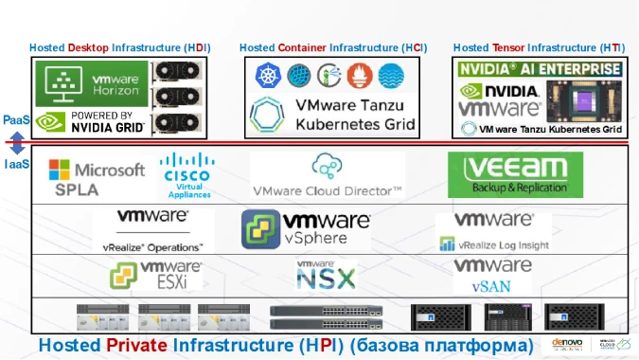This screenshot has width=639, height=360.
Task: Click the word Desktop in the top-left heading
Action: coord(90,47)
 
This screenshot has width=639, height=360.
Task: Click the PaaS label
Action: coord(16,120)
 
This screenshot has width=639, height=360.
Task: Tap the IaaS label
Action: coord(16,164)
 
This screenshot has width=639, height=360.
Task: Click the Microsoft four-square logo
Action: coord(59,171)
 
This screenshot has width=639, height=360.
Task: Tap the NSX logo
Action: coord(327,276)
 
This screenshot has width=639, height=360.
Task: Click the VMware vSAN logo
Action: coord(492,276)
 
